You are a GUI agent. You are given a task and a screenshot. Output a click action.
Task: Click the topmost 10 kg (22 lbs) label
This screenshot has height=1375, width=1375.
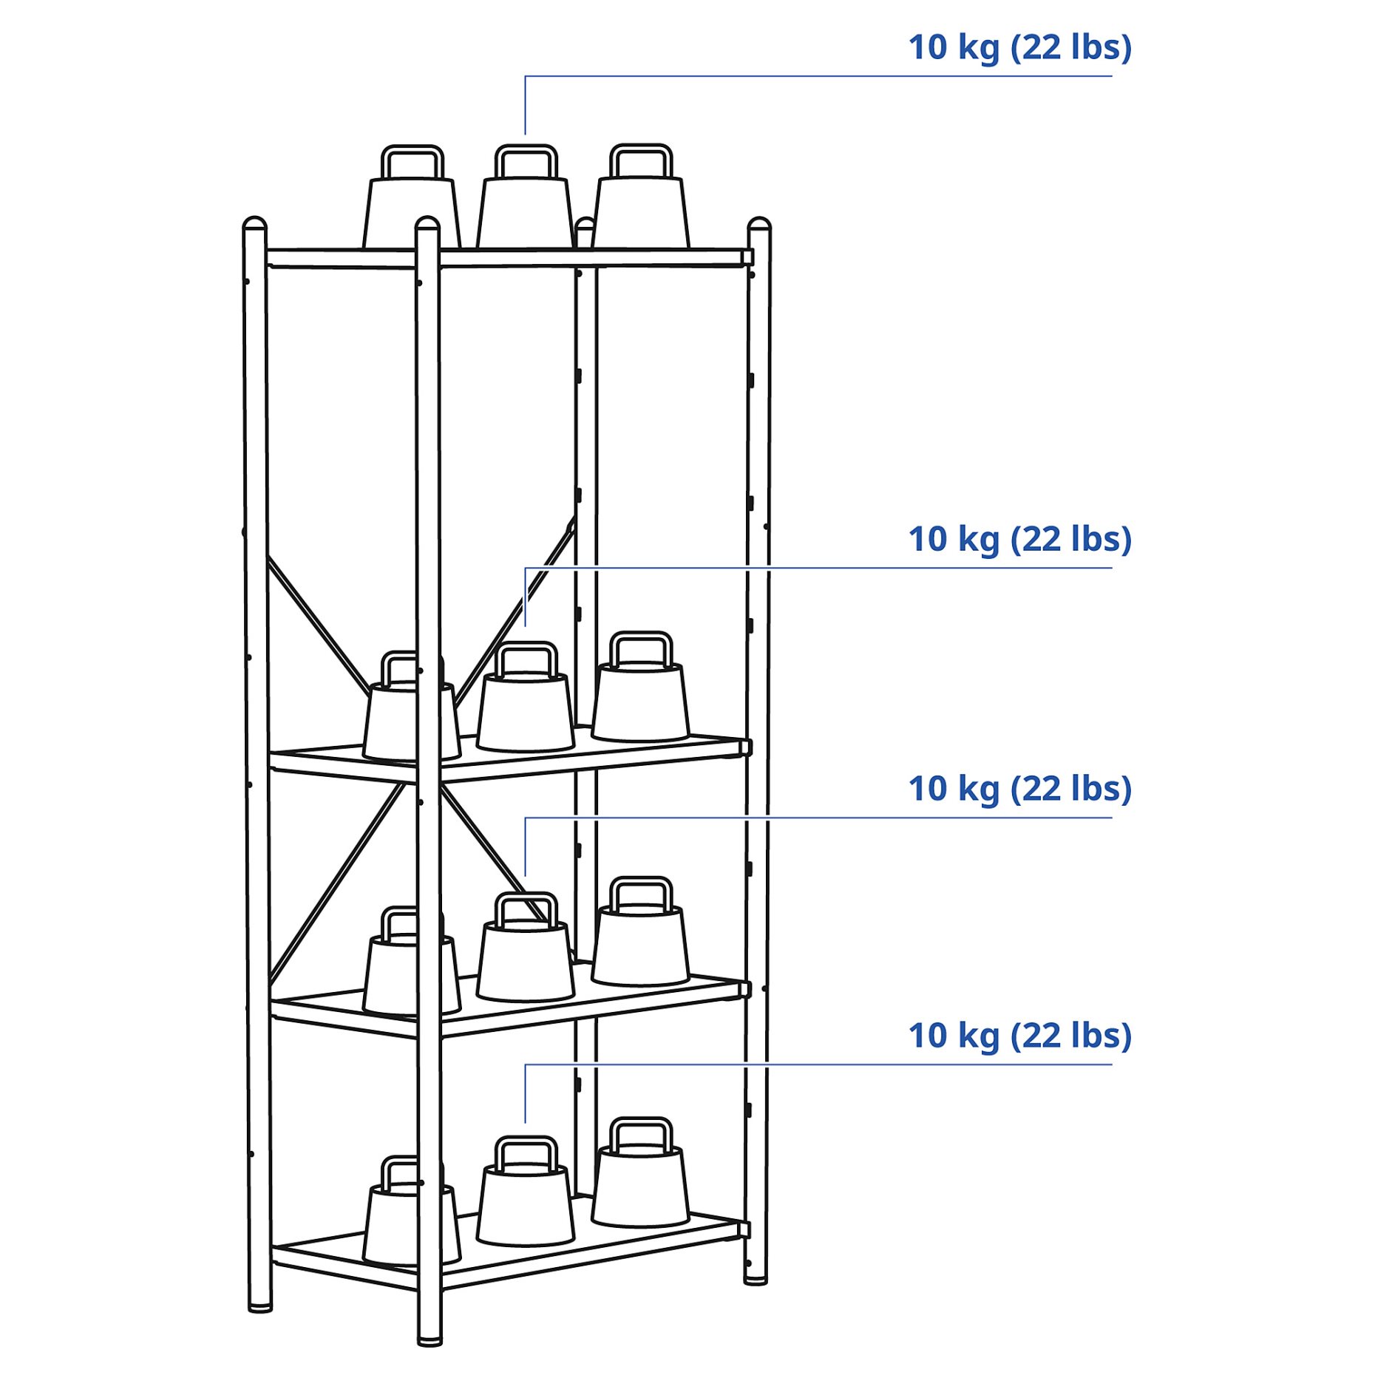click(1019, 48)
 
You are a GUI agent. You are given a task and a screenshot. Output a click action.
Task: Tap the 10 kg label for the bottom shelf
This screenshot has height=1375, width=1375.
click(1019, 1036)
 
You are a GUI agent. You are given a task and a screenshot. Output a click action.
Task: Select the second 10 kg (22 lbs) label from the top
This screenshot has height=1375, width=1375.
click(1019, 540)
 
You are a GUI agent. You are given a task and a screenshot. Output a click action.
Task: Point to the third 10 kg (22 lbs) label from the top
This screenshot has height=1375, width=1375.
click(1019, 790)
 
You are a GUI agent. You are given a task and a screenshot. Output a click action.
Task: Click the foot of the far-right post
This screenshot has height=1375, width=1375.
click(756, 1279)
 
